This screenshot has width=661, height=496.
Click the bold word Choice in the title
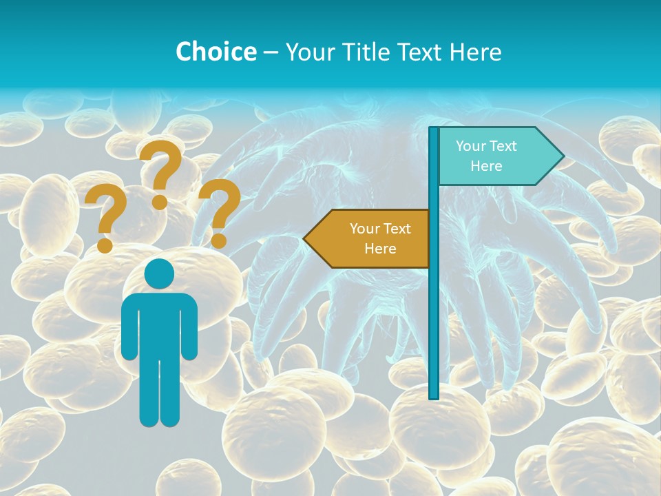216,52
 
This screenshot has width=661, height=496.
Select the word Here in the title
475,52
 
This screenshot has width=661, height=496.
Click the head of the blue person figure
159,274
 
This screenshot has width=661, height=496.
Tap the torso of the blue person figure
159,324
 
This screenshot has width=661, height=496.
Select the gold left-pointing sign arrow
368,238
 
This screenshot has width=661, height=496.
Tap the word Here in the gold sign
380,249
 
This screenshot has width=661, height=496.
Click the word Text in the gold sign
397,229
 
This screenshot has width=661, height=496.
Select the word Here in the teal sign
486,166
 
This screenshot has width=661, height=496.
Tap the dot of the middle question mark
160,202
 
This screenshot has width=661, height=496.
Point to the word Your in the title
308,52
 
